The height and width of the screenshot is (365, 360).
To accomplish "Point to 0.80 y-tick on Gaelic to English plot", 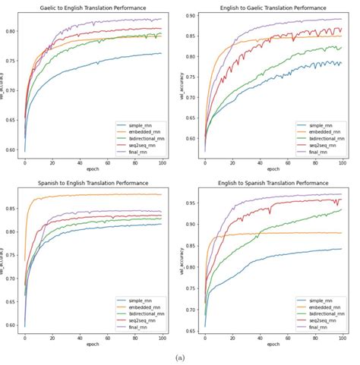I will pos(13,31).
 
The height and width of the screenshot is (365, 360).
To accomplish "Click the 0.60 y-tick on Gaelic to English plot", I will pos(13,149).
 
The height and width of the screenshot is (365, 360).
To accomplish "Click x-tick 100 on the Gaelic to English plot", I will pos(163,163).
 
